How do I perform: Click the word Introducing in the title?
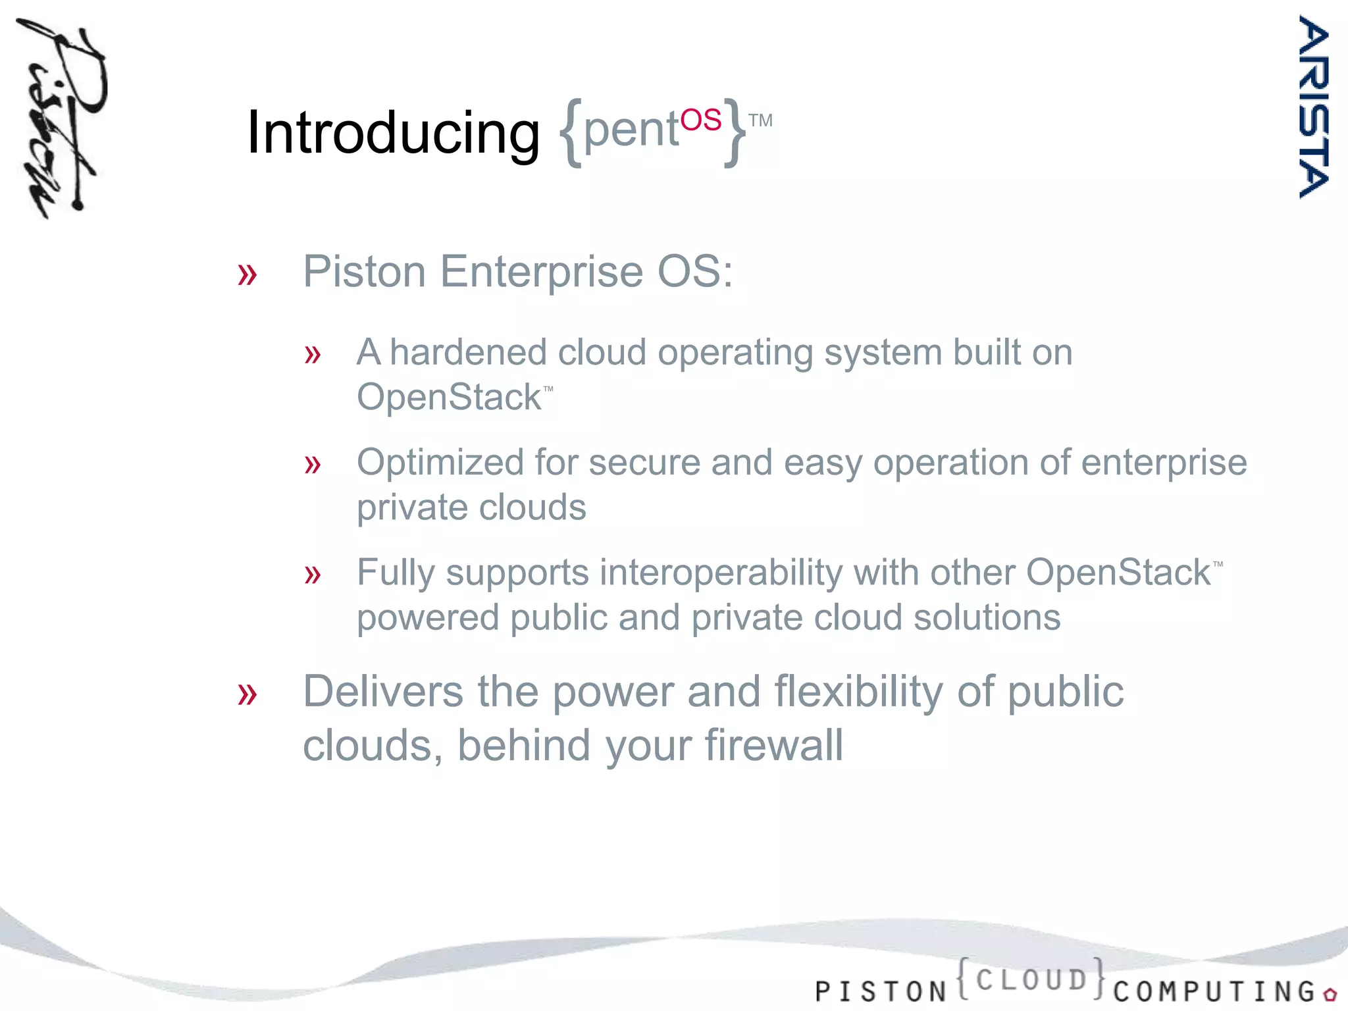pos(392,133)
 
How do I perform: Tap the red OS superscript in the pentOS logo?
pos(700,120)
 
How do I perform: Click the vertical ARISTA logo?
pos(1314,107)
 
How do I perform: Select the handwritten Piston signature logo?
pos(61,118)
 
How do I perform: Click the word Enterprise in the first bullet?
pos(541,271)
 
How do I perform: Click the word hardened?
pos(468,352)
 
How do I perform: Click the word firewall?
pos(773,746)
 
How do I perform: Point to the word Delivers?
pos(383,692)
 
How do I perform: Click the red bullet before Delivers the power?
pos(247,694)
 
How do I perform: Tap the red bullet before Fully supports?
pos(313,575)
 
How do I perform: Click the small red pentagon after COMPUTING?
pos(1330,994)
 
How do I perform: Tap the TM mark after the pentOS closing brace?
pos(760,121)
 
